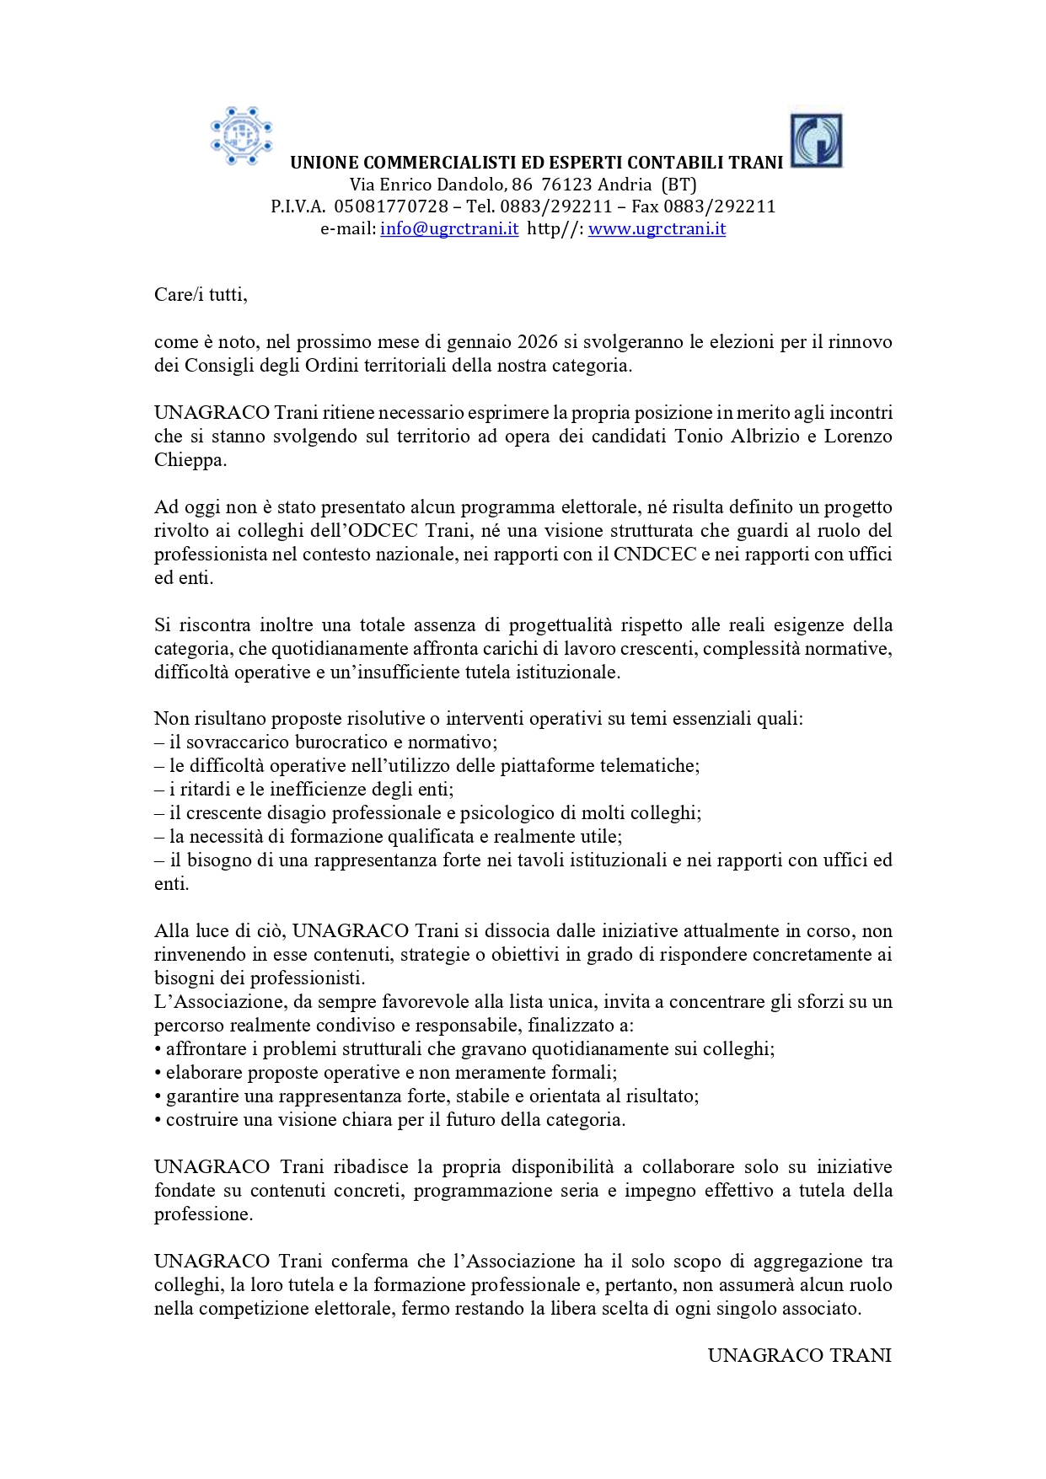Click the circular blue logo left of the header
tap(241, 136)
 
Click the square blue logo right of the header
tap(816, 141)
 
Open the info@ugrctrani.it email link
tap(449, 228)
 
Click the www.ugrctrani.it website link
tap(657, 228)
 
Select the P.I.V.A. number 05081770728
tap(391, 206)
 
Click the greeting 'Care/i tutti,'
tap(201, 295)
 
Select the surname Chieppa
tap(189, 460)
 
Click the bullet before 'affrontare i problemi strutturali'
tap(158, 1049)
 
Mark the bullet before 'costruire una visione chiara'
tap(158, 1120)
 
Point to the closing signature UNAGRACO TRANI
tap(799, 1355)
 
